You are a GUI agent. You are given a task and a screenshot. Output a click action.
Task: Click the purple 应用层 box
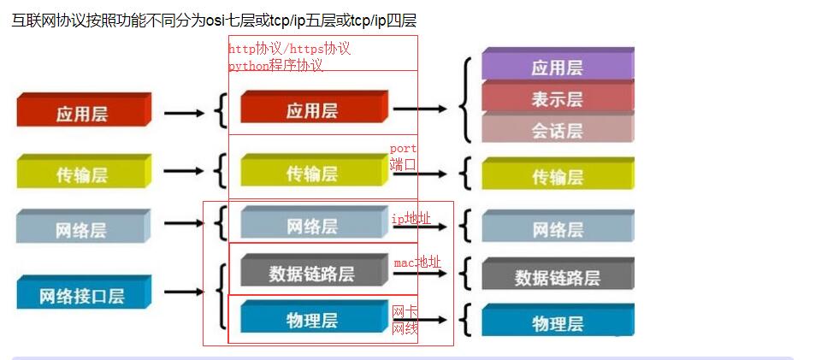tap(557, 67)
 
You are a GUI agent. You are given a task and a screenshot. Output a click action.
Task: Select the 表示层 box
tap(557, 98)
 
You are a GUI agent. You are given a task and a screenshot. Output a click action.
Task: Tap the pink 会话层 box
tap(557, 130)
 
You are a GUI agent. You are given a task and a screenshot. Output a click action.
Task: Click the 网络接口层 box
tap(82, 296)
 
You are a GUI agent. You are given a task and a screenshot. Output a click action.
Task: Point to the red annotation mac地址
tap(417, 263)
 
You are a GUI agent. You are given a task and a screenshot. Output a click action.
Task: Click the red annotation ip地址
tap(411, 219)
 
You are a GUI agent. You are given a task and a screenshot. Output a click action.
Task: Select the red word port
tap(404, 149)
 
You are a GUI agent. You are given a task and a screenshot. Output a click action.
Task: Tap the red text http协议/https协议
tap(289, 49)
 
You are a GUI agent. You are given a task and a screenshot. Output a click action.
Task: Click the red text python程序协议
tap(275, 65)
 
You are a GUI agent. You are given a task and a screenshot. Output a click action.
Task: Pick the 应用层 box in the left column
tap(82, 113)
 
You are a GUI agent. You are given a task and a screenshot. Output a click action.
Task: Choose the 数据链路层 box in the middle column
tap(311, 273)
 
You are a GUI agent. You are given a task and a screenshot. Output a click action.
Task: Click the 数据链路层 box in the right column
tap(557, 276)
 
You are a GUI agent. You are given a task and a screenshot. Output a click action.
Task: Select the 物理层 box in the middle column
tap(311, 320)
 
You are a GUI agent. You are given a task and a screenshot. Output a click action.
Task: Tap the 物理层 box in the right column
tap(557, 322)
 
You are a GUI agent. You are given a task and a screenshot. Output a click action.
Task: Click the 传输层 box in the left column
tap(82, 174)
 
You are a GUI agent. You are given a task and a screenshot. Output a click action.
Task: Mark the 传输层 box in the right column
tap(557, 176)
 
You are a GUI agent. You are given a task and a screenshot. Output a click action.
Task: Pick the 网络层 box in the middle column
tap(311, 226)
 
